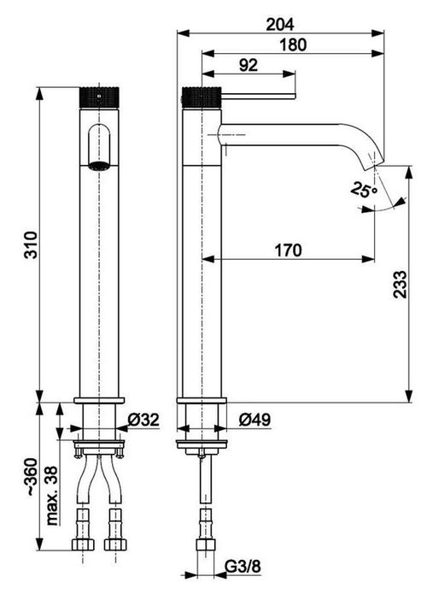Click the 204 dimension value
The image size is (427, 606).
(x=280, y=25)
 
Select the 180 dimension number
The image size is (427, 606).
(x=293, y=44)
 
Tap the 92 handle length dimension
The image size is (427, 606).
(x=248, y=65)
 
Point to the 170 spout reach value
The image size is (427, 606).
(x=288, y=250)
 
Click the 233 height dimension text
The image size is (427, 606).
(x=401, y=285)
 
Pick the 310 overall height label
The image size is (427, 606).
(x=31, y=245)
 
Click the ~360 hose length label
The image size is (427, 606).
(x=31, y=477)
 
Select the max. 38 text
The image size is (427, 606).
(x=52, y=496)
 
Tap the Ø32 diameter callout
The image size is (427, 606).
(x=143, y=420)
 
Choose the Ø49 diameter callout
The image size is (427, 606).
(x=254, y=420)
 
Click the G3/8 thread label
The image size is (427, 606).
(x=243, y=567)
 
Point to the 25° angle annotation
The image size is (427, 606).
(x=364, y=190)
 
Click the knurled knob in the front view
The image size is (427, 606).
(x=99, y=97)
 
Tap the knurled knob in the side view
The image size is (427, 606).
(x=202, y=97)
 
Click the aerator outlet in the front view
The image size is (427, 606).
(x=99, y=166)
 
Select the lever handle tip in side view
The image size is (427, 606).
(x=295, y=96)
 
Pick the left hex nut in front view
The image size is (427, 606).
(x=83, y=544)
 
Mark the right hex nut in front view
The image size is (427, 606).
(x=116, y=544)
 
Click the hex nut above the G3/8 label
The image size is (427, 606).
(x=206, y=544)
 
